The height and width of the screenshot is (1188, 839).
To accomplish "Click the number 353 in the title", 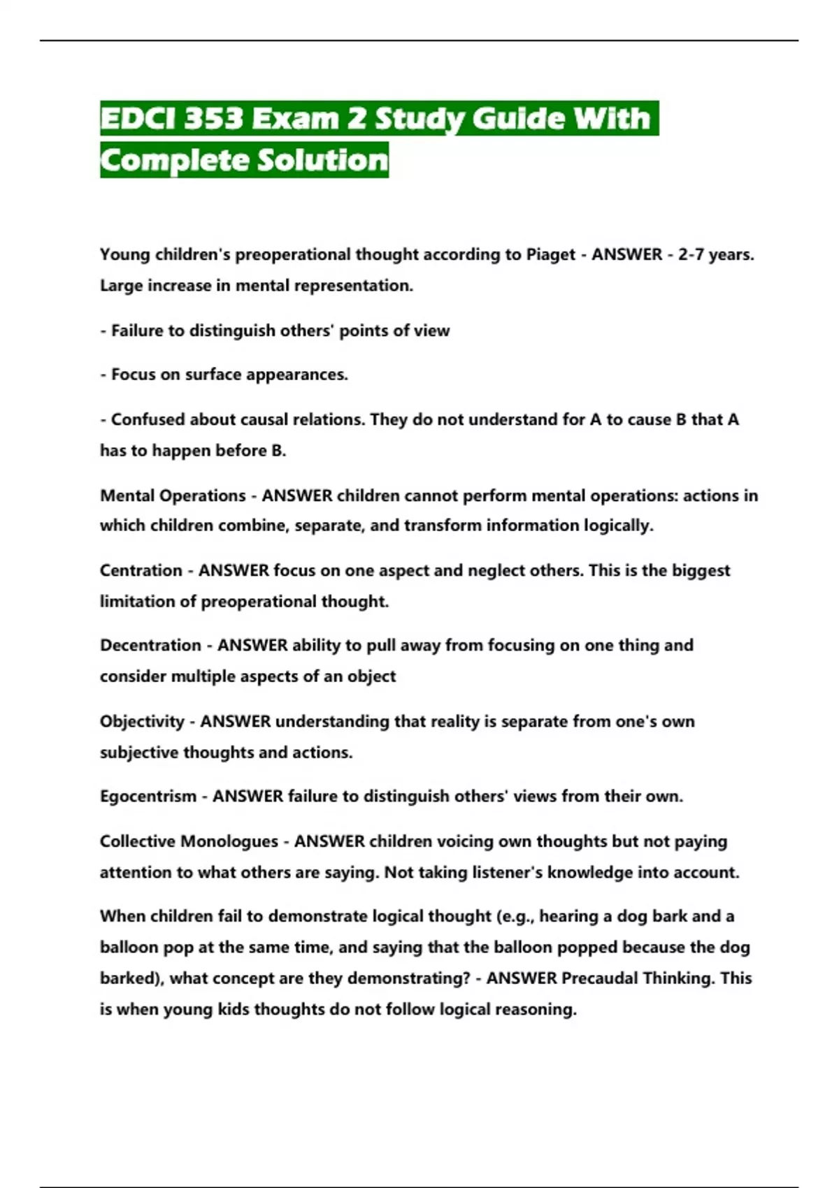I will click(213, 119).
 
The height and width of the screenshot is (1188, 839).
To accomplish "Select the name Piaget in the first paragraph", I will click(550, 254).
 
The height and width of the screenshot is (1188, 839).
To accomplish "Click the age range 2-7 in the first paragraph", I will click(691, 254).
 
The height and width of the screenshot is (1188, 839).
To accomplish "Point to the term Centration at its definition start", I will click(141, 570).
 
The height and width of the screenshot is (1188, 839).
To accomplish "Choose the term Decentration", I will click(150, 645).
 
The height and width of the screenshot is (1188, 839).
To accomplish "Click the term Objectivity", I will click(142, 721).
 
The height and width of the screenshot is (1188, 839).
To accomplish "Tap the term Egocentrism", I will click(148, 796).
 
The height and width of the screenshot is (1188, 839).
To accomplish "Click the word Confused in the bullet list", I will click(148, 419).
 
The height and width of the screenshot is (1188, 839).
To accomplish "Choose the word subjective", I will click(138, 752).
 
